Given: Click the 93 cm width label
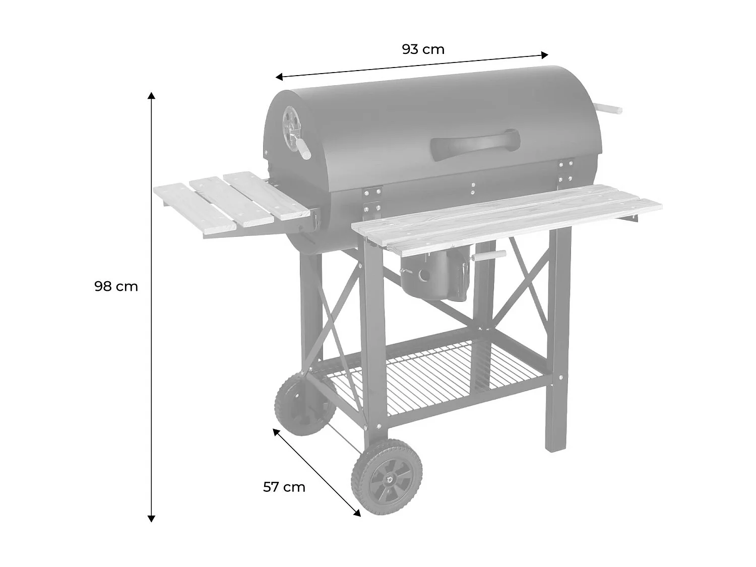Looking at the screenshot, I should point(423,49).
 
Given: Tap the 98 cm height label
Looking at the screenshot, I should point(116,287).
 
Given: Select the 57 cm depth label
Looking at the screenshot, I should point(284,487).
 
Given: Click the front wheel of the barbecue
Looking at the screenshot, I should point(387,477).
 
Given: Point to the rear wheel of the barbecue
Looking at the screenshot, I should point(304,405).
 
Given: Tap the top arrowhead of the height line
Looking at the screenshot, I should point(151,95).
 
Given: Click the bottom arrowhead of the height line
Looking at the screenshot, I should point(151,519).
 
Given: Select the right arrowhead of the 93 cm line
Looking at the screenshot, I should point(545,54).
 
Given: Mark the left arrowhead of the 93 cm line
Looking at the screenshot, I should point(278,77).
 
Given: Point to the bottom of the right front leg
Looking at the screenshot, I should point(553,448).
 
